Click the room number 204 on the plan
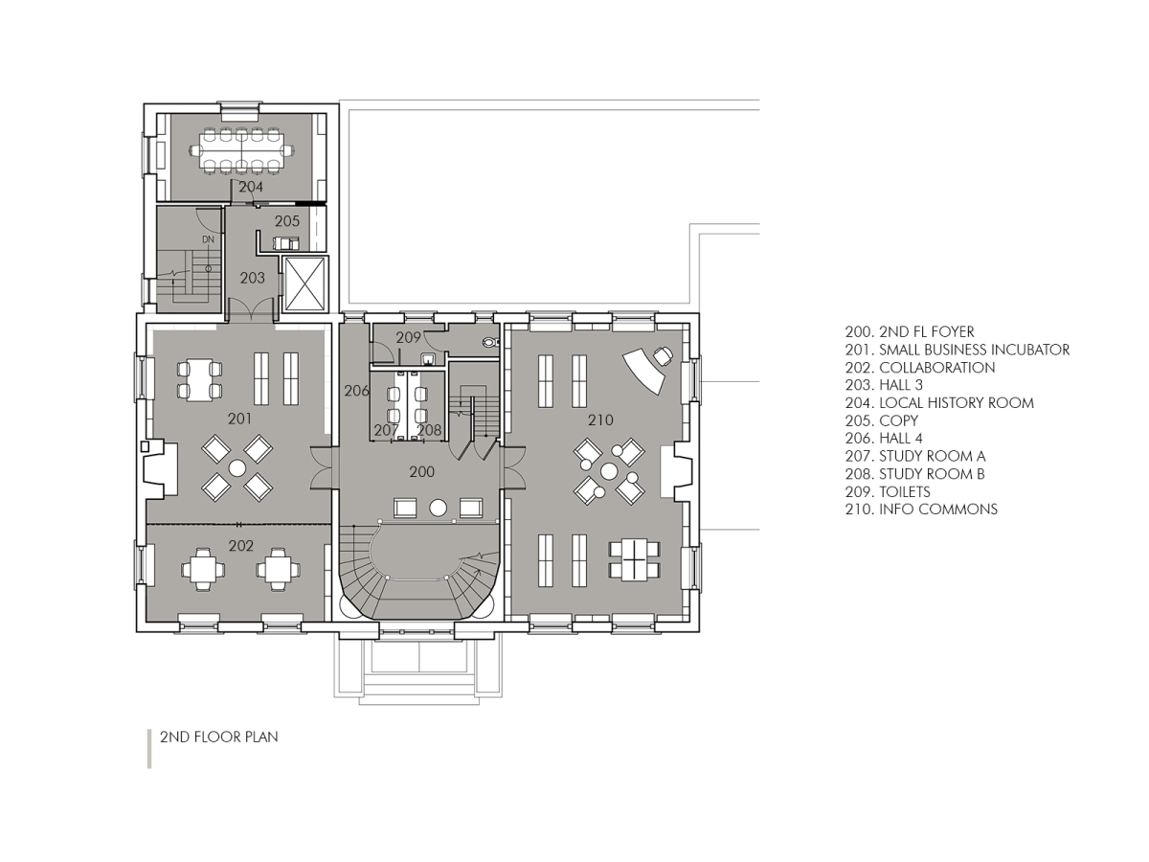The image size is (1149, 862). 251,188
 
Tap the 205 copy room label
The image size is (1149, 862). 287,221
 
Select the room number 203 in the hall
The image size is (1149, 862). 252,278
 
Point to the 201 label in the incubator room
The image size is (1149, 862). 239,419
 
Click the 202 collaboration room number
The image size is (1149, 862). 241,545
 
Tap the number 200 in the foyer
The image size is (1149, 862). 421,472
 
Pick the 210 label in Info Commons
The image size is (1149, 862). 600,420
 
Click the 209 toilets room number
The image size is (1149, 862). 409,337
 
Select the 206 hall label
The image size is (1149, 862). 356,391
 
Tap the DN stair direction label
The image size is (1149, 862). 207,238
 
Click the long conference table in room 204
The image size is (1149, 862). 240,150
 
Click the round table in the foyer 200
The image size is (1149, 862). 439,507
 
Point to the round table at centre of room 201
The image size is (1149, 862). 237,467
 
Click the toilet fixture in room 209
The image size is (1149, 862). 490,340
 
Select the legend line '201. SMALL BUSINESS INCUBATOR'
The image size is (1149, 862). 957,351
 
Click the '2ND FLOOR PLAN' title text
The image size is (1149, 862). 218,737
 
